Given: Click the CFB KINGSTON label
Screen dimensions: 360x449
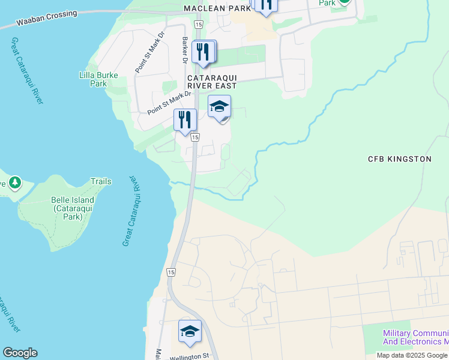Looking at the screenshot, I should [399, 159].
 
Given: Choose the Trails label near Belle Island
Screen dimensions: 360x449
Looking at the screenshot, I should [101, 181].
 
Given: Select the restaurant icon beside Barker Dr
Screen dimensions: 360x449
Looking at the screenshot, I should [203, 52].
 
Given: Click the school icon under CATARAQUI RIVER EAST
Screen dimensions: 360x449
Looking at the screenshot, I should [219, 107].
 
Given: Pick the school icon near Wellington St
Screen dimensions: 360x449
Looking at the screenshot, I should [190, 331].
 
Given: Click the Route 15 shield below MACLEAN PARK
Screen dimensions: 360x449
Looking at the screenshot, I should [199, 23].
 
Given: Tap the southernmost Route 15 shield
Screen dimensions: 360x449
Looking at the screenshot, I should [172, 272].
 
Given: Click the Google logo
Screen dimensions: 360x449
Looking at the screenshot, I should [20, 353].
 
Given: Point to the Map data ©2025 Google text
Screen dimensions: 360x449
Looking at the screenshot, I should [412, 355].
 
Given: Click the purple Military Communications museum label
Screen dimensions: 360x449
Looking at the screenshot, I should [415, 338].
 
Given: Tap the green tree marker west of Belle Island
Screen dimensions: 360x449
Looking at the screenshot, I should [14, 182].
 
